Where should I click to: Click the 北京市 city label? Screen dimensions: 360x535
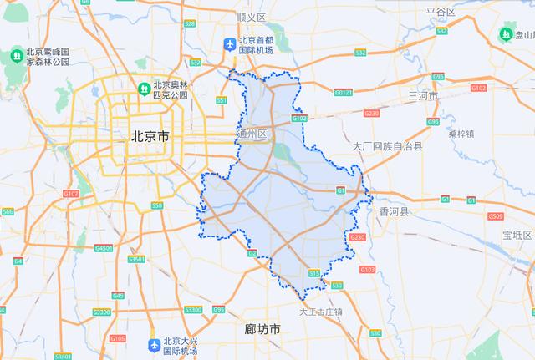coord(147,135)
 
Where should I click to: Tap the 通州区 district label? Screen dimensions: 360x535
coord(252,134)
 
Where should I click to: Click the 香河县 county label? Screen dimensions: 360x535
coord(394,212)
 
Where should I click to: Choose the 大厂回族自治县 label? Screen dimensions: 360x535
coord(388,146)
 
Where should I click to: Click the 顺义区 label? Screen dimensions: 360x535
coord(251,17)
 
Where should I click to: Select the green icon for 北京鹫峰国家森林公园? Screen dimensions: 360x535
coord(16,55)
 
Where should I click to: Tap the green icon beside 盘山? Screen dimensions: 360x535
coord(506,33)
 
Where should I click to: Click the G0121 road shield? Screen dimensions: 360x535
coord(344,92)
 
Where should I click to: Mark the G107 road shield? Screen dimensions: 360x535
coord(71,194)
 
